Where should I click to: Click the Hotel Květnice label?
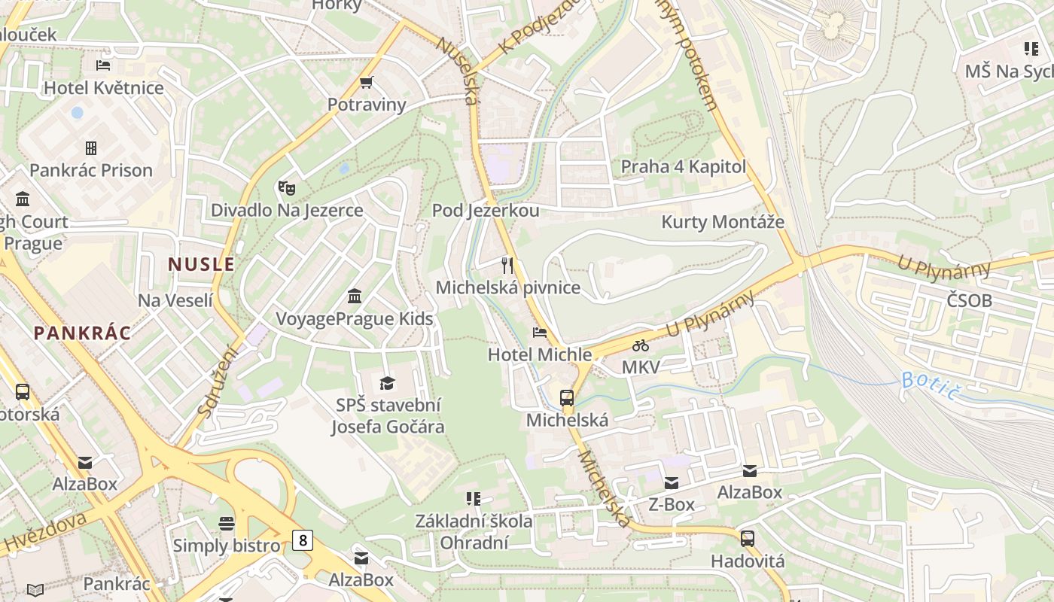104,88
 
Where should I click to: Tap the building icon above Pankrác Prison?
91,147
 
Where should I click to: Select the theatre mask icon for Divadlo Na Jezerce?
286,187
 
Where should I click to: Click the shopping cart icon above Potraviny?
367,82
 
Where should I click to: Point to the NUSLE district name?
201,264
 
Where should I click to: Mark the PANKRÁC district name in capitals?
82,333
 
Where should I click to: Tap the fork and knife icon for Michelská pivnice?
507,265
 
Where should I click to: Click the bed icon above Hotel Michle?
539,332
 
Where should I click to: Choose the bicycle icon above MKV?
641,345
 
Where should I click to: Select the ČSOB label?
970,301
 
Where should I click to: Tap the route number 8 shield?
303,540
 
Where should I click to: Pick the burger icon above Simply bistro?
227,523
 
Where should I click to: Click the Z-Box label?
672,505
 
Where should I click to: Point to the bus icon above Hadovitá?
748,539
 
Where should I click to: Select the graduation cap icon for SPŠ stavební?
387,383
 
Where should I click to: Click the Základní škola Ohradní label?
474,531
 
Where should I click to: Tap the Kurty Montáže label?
722,222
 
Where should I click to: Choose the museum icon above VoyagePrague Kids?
355,296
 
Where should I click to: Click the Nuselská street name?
457,71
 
